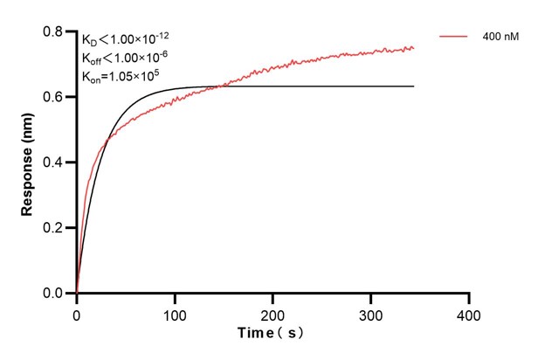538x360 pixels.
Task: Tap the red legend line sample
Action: (455, 38)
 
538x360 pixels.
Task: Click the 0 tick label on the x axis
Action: (77, 312)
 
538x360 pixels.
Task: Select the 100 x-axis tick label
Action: (175, 312)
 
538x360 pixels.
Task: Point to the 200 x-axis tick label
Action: (273, 312)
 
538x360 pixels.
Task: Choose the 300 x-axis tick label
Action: (371, 312)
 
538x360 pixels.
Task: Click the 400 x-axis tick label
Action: (469, 312)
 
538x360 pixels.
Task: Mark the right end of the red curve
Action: (413, 48)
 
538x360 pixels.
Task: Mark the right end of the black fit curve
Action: (413, 87)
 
